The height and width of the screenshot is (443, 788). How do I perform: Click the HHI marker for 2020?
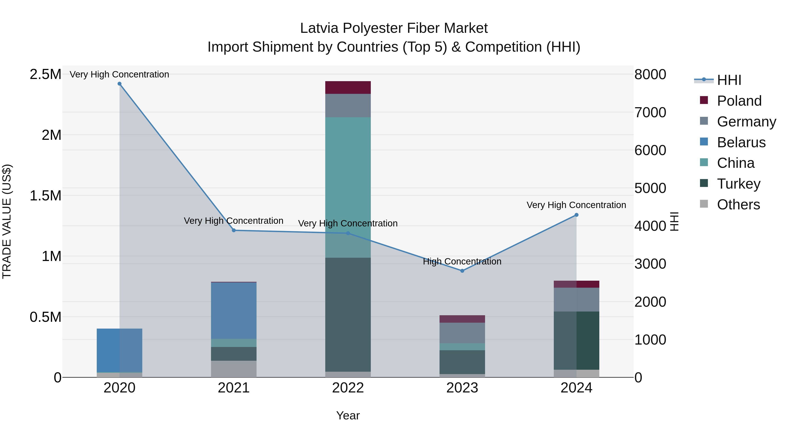tap(120, 84)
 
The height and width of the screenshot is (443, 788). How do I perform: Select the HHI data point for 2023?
tap(462, 271)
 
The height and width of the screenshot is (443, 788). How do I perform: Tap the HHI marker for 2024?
tap(576, 215)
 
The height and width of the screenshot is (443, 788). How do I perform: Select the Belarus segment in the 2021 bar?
tap(234, 310)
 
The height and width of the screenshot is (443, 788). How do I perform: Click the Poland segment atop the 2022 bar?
tap(348, 88)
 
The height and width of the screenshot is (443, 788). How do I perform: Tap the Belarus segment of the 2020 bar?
tap(120, 350)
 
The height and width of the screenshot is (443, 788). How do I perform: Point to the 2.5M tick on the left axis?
tap(45, 74)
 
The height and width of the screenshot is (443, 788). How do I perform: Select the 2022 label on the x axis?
tap(348, 388)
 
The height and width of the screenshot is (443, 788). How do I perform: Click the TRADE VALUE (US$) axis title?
tap(7, 221)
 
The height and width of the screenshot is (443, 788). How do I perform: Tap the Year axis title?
tap(348, 415)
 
